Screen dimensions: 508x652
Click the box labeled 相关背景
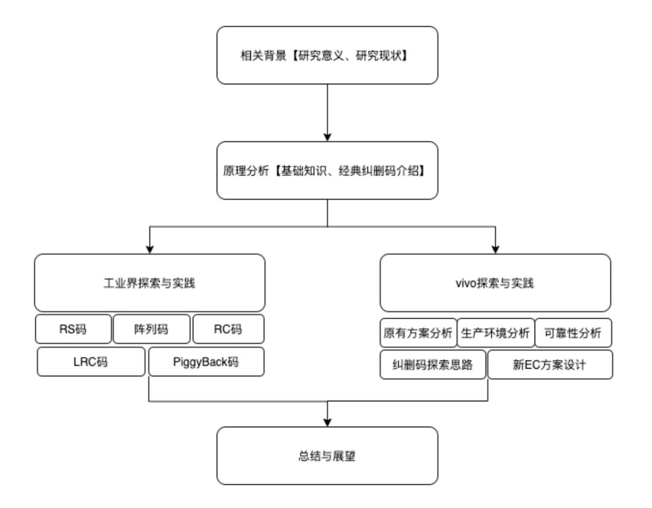coord(327,55)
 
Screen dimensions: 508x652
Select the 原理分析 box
coord(327,171)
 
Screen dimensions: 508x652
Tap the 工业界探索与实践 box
coord(150,282)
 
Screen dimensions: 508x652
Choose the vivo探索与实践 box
coord(495,282)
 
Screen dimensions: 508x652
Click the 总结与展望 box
coord(327,455)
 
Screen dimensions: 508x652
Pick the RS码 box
coord(73,329)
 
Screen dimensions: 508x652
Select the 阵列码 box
coord(152,329)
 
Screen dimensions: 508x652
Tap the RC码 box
coord(228,329)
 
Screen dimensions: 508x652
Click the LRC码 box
coord(91,361)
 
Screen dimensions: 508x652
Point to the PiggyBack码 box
coord(206,361)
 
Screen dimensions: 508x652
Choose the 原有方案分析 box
coord(418,333)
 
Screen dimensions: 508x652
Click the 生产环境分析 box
coord(496,333)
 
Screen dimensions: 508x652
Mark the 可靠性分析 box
coord(574,333)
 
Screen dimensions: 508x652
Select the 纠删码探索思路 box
coord(433,364)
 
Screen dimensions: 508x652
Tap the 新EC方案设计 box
coord(549,364)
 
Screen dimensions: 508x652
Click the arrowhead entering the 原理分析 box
coord(327,137)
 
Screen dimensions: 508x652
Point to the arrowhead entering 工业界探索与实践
coord(150,248)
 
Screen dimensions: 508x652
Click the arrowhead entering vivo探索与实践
coord(495,248)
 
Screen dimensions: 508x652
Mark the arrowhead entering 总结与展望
coord(327,421)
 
